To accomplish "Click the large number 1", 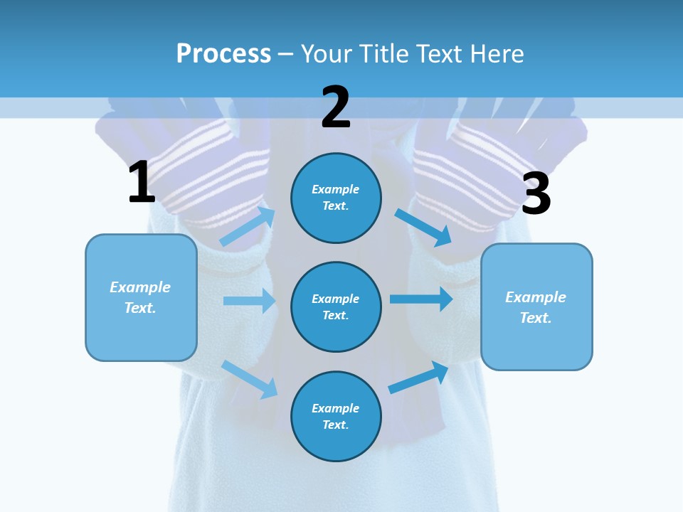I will (x=142, y=182).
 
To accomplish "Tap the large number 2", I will (x=335, y=107).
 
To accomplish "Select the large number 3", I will (x=536, y=193).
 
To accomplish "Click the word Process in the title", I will (x=223, y=53).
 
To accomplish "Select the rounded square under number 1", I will (x=141, y=297).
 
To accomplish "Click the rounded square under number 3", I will (x=536, y=306).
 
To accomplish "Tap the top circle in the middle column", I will (x=336, y=198).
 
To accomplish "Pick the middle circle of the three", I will (x=336, y=306).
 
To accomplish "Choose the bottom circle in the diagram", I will (x=336, y=416).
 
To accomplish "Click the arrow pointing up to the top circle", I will (x=248, y=226).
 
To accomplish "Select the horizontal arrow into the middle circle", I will (x=249, y=301).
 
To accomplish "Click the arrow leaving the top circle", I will (x=423, y=227).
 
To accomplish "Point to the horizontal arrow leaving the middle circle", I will (x=421, y=299).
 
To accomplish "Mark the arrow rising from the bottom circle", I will (x=419, y=378).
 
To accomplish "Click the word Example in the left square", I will (x=140, y=287).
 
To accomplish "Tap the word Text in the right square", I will (x=535, y=318).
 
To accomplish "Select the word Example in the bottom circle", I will (x=335, y=408).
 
